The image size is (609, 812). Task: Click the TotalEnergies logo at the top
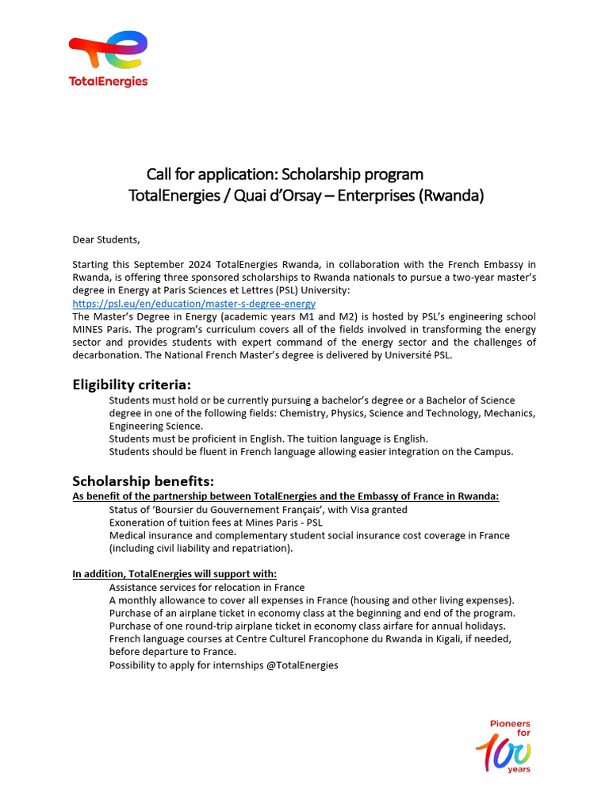coord(108,59)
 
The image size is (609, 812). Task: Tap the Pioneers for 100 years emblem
coord(505,746)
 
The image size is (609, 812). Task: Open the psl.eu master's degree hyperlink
coord(193,303)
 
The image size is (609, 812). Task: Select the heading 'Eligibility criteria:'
coord(132,385)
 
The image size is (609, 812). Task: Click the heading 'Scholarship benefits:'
coord(143,481)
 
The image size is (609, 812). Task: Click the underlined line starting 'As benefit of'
coord(285,496)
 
